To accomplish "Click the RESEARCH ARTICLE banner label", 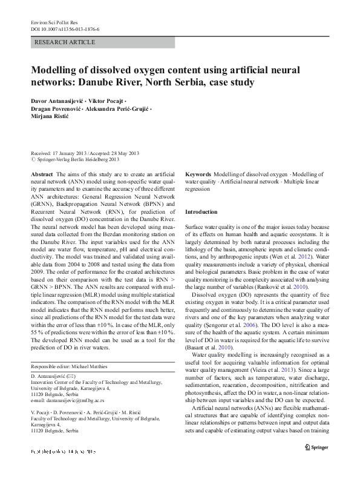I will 65,42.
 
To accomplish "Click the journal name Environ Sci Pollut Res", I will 53,22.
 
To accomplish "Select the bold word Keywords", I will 198,174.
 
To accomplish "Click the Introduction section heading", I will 201,212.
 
